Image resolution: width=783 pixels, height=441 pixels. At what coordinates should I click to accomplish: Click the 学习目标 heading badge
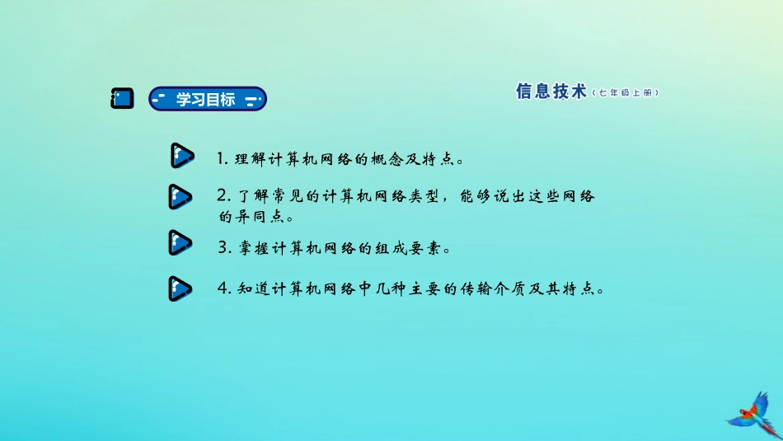point(207,99)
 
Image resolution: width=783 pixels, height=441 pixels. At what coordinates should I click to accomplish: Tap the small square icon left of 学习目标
point(122,99)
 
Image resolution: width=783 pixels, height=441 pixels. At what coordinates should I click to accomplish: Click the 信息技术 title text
point(551,92)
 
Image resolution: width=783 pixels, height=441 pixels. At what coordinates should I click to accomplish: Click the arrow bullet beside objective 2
point(180,198)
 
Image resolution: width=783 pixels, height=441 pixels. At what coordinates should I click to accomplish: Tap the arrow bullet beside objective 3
point(180,243)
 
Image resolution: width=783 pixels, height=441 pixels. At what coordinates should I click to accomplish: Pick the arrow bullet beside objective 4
point(180,288)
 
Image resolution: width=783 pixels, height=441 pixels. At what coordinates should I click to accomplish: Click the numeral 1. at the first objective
point(223,157)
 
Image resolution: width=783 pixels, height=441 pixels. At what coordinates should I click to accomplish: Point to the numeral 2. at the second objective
point(223,196)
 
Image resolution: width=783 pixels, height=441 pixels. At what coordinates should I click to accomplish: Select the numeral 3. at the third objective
point(223,246)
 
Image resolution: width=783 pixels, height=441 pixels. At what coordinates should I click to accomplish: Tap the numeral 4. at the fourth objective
point(223,289)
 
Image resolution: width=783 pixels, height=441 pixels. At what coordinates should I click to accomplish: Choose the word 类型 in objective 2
point(424,197)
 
